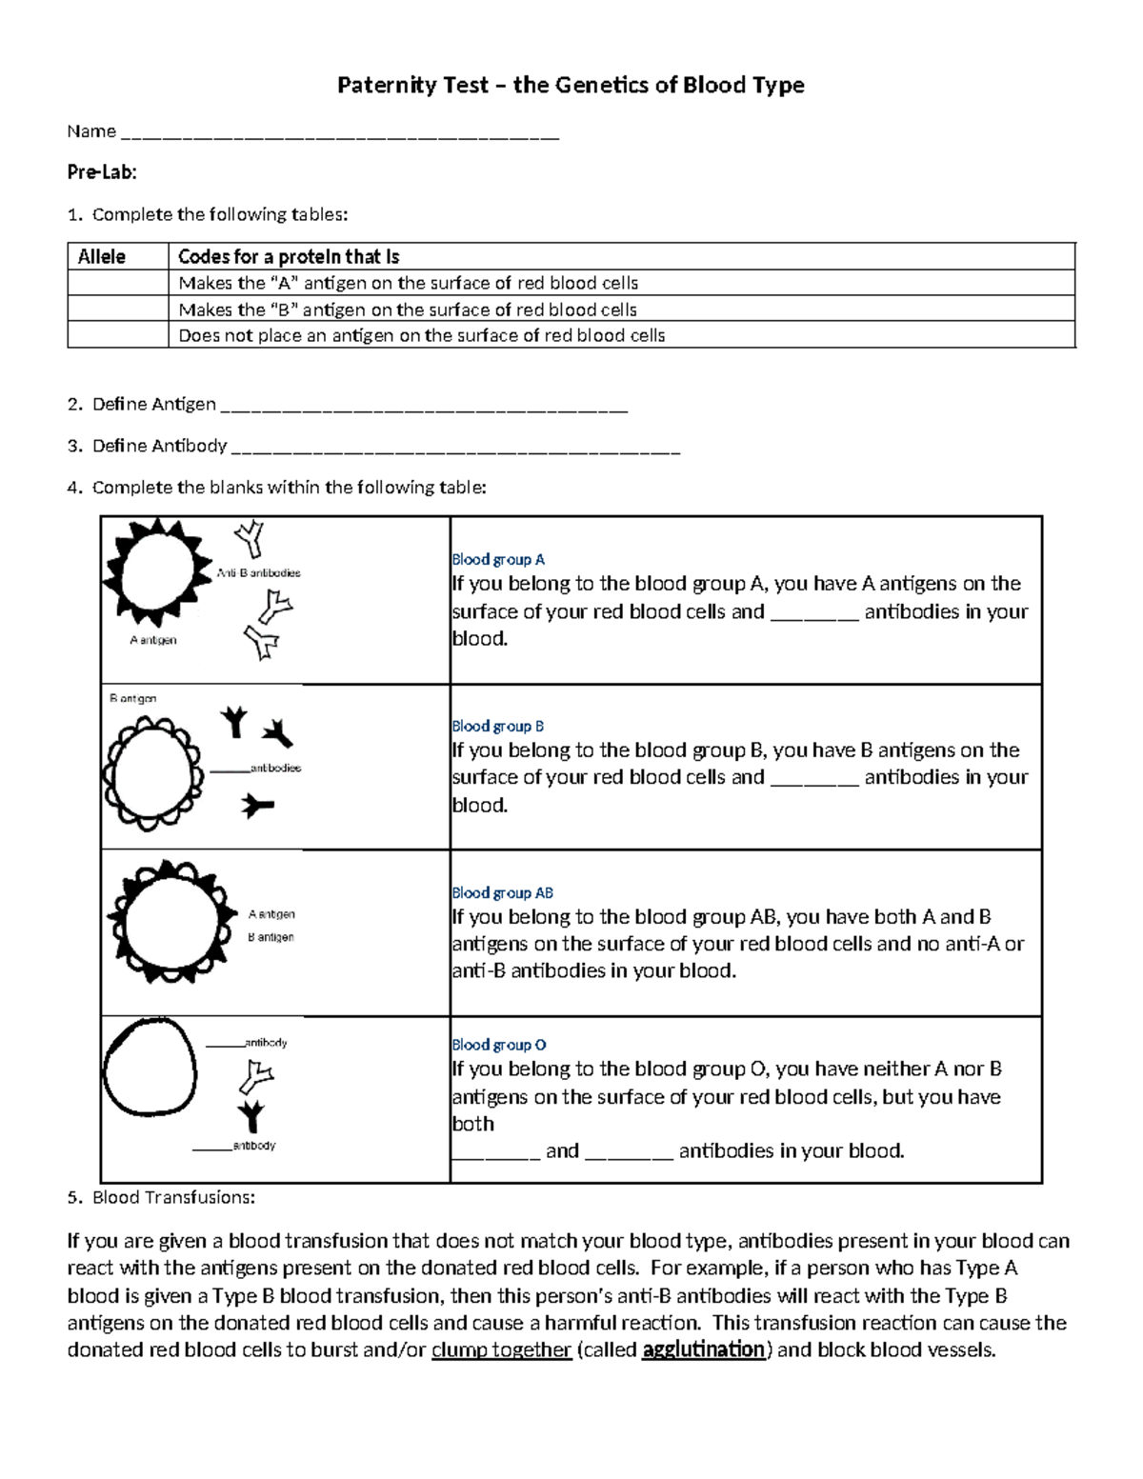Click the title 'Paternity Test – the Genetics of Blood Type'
coord(571,86)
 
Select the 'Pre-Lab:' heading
coord(102,172)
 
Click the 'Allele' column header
coord(102,257)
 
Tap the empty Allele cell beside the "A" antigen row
coord(117,283)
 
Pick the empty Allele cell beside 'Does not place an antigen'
coord(117,335)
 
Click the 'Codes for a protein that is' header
coord(289,257)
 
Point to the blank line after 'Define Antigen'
coord(424,407)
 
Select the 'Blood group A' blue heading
coord(498,560)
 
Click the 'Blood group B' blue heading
coord(498,727)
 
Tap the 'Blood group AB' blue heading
coord(502,893)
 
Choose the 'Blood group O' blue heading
coord(499,1045)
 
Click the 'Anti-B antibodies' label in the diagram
coord(258,573)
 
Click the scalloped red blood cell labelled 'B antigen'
coord(152,772)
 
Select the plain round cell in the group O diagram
coord(150,1067)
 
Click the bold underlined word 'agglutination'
coord(704,1350)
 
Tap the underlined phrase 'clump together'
coord(501,1350)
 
